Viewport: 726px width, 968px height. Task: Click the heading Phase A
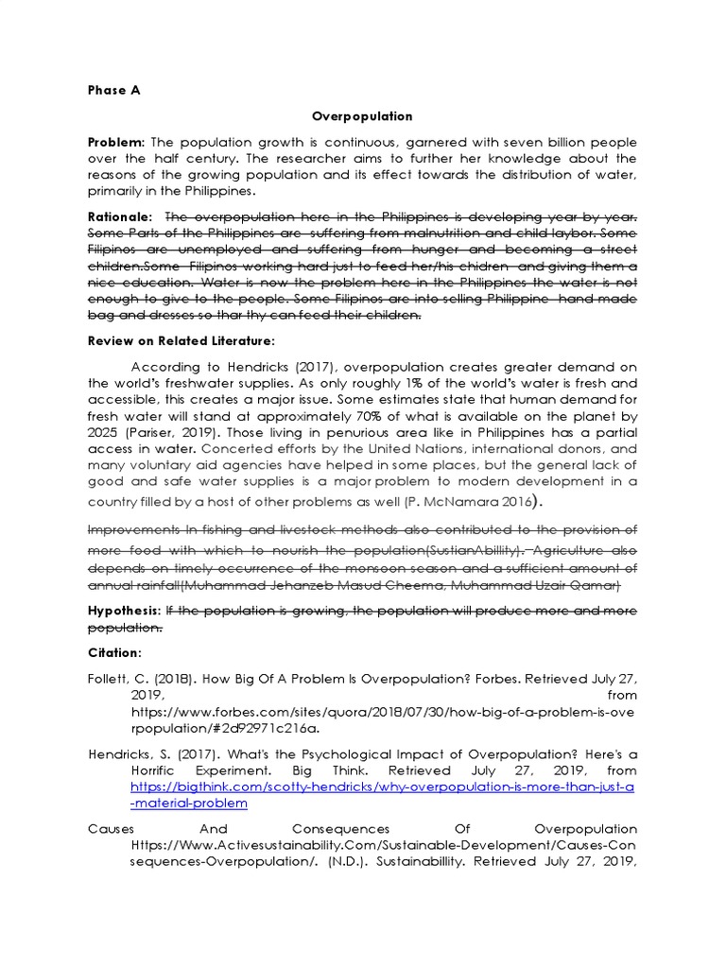tap(113, 91)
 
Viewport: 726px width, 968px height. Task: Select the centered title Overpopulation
tap(363, 116)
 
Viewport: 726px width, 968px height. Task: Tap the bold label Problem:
tap(116, 142)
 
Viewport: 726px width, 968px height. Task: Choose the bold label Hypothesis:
tap(125, 612)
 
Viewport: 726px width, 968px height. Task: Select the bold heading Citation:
tap(114, 653)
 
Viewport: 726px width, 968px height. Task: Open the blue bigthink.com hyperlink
tap(382, 786)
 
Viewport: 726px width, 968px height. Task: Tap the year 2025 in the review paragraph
tap(104, 432)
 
